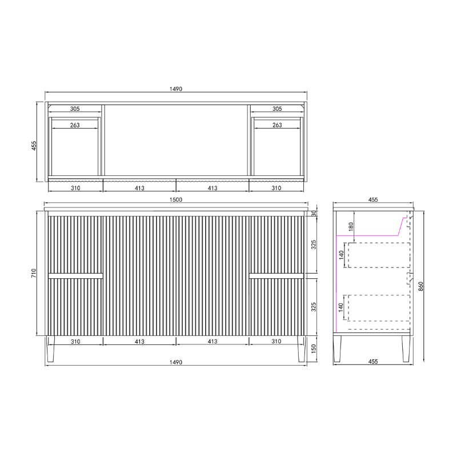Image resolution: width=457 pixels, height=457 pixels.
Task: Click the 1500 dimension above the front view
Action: coord(177,199)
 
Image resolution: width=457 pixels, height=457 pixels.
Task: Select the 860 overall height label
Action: coord(420,287)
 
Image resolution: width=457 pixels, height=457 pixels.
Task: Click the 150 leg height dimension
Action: coord(314,349)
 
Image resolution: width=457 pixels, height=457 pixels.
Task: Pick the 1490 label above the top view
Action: coord(177,89)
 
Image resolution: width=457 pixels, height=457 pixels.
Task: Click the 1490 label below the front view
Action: coord(177,362)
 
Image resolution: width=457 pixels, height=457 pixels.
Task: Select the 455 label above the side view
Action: coord(372,200)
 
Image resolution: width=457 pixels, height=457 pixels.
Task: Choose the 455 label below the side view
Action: coord(372,362)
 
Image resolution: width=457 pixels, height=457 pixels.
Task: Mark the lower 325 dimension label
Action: coord(314,306)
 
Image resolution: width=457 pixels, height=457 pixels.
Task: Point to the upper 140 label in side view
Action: coord(342,255)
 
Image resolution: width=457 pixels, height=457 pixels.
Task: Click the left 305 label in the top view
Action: coord(75,109)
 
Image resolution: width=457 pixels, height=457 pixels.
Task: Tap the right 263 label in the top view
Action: coord(277,125)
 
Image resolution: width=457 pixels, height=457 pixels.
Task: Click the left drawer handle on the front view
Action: coord(75,276)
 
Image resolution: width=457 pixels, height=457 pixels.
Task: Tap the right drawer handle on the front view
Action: coord(277,276)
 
